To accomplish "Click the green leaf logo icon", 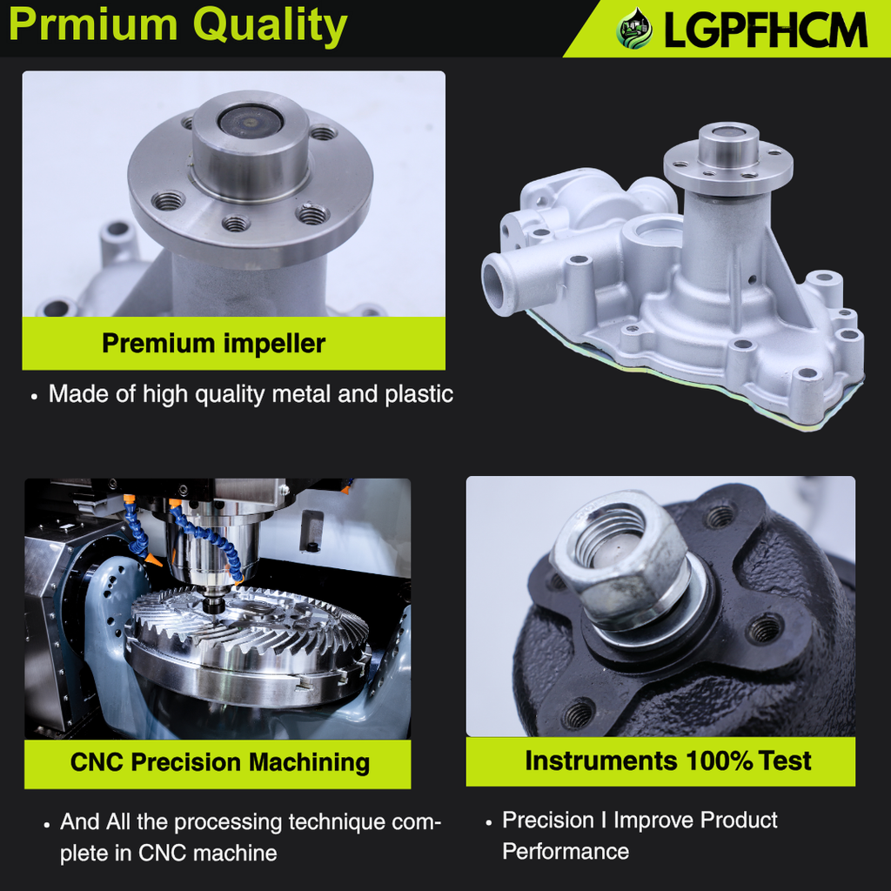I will pyautogui.click(x=634, y=30).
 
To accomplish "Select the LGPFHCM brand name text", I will pyautogui.click(x=766, y=30).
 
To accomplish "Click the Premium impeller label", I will pyautogui.click(x=213, y=344).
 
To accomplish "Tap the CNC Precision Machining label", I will pyautogui.click(x=220, y=763).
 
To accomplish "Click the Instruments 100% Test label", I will pyautogui.click(x=667, y=761).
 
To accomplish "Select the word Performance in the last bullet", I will pyautogui.click(x=566, y=851).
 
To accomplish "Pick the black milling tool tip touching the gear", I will pyautogui.click(x=212, y=603).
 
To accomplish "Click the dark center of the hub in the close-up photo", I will pyautogui.click(x=250, y=121).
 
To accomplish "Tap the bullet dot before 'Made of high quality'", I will pyautogui.click(x=34, y=396).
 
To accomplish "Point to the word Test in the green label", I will pyautogui.click(x=785, y=761).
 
